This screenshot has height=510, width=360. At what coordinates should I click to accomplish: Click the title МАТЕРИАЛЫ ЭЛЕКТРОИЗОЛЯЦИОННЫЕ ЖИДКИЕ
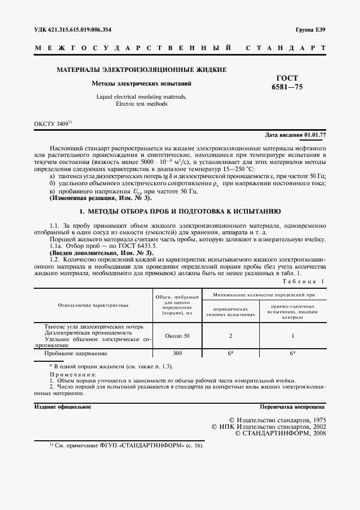pyautogui.click(x=142, y=70)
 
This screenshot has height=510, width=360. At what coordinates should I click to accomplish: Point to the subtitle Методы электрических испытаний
pyautogui.click(x=141, y=84)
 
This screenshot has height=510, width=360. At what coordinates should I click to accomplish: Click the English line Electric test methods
pyautogui.click(x=141, y=104)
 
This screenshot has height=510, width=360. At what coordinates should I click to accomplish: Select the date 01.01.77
pyautogui.click(x=315, y=135)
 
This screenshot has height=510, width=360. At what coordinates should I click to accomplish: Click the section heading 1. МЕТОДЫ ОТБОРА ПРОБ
pyautogui.click(x=180, y=210)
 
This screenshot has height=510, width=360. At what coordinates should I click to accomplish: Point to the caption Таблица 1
pyautogui.click(x=303, y=281)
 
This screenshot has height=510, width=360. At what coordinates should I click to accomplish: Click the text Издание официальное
pyautogui.click(x=63, y=406)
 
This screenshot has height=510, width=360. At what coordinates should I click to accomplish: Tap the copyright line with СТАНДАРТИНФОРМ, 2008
pyautogui.click(x=279, y=433)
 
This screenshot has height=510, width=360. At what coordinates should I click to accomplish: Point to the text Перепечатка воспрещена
pyautogui.click(x=292, y=406)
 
